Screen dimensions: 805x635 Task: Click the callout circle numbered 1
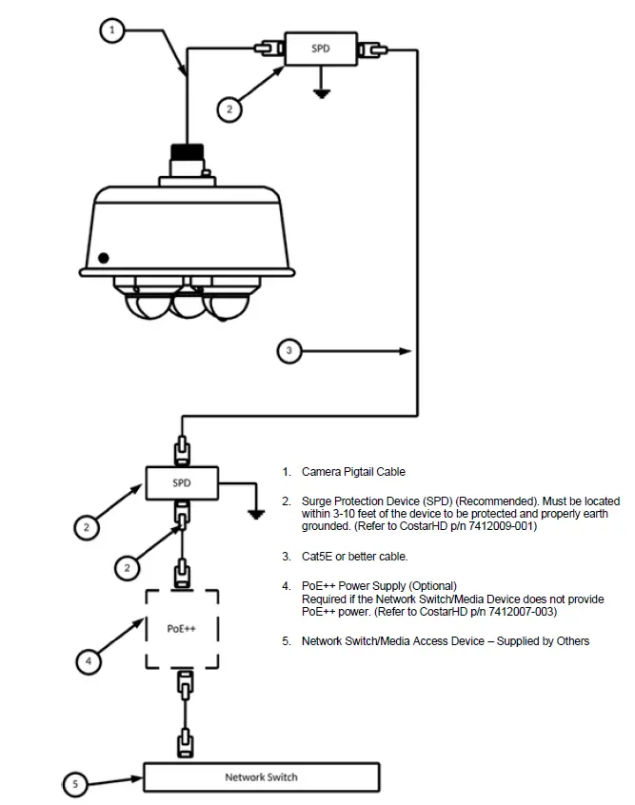(112, 30)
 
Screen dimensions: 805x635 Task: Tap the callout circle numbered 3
(290, 351)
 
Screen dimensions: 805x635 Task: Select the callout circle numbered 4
(88, 659)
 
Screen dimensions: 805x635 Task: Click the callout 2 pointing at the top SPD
(228, 109)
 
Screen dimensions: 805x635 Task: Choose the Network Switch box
(261, 776)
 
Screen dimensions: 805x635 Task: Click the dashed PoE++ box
(181, 628)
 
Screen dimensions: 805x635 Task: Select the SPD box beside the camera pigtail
(321, 48)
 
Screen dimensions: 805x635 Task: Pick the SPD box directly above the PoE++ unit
(181, 482)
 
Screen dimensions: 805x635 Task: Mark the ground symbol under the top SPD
(322, 92)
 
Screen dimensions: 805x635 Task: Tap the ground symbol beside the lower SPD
(254, 514)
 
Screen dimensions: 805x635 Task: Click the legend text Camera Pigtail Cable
(353, 472)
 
